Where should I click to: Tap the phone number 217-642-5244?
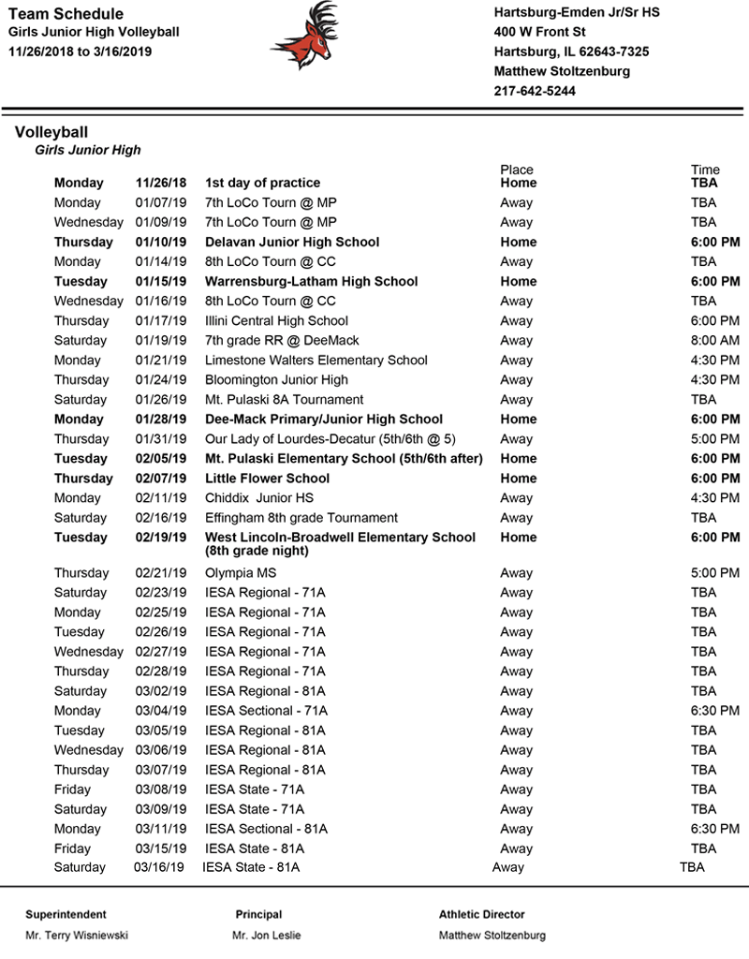tap(535, 91)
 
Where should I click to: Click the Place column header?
tap(517, 170)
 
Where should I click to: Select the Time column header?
tap(705, 170)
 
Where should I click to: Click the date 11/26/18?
tap(161, 183)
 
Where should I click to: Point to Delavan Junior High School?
tap(292, 242)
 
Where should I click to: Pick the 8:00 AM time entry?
tap(715, 340)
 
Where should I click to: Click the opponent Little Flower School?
tap(268, 478)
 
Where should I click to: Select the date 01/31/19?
tap(161, 438)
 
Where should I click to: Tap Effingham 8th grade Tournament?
tap(301, 517)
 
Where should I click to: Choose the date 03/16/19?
tap(159, 867)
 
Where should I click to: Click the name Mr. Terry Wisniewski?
tap(77, 935)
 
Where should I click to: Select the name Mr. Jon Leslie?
tap(267, 935)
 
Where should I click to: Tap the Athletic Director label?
tap(482, 914)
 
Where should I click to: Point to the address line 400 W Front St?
tap(539, 32)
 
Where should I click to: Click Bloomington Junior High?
tap(276, 379)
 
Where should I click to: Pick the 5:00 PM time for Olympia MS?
tap(715, 573)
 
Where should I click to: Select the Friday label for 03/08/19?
tap(72, 789)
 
